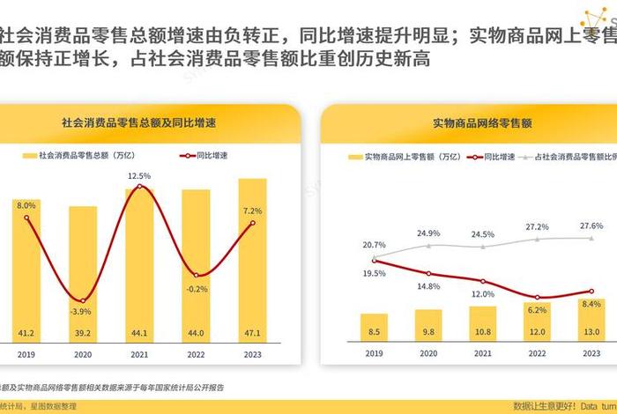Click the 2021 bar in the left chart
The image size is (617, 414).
pyautogui.click(x=139, y=264)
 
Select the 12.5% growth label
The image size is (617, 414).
pyautogui.click(x=139, y=176)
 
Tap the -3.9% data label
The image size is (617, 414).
pyautogui.click(x=81, y=312)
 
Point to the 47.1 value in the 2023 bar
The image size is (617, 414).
pyautogui.click(x=253, y=333)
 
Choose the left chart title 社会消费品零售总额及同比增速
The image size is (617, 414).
pyautogui.click(x=139, y=122)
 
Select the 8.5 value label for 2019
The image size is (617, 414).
pyautogui.click(x=374, y=332)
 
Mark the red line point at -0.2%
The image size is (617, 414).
pyautogui.click(x=196, y=274)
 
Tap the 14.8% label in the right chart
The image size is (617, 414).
pyautogui.click(x=428, y=286)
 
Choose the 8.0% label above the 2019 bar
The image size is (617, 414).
pyautogui.click(x=26, y=204)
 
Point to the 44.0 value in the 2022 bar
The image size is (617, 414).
pyautogui.click(x=196, y=333)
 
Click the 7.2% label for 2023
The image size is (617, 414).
pyautogui.click(x=253, y=211)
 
